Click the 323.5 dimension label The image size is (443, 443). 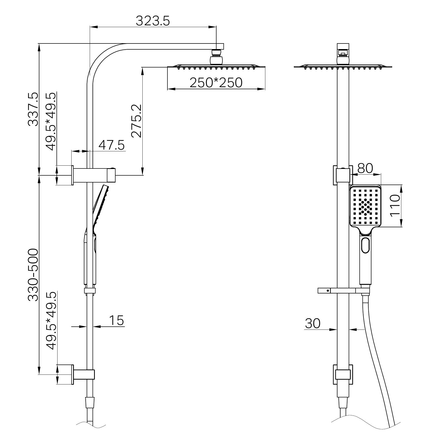tap(153, 21)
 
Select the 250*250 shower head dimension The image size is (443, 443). tap(216, 83)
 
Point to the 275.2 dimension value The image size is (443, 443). tap(136, 121)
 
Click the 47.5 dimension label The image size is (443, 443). tap(111, 145)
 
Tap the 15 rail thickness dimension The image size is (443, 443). tap(116, 320)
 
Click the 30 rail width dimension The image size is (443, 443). tap(312, 323)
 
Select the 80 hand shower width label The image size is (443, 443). tap(365, 168)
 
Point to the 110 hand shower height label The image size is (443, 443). tap(395, 206)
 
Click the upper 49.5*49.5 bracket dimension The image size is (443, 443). tap(51, 121)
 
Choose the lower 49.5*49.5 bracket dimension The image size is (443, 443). tap(51, 321)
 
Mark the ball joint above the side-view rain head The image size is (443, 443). tap(216, 60)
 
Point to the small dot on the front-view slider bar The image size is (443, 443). tap(327, 291)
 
